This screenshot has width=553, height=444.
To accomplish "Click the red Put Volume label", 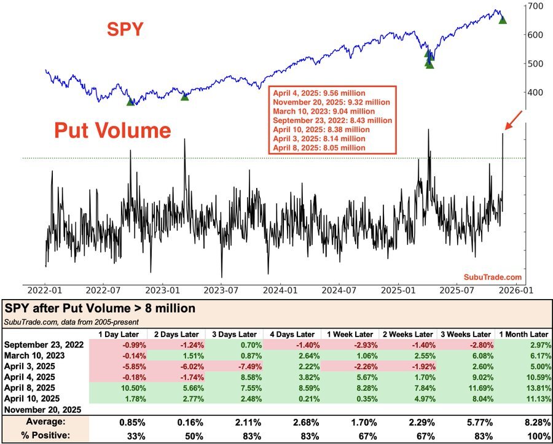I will coord(112,130).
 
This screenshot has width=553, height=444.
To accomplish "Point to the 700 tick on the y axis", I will coord(535,6).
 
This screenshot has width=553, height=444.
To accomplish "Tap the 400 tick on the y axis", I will coord(535,93).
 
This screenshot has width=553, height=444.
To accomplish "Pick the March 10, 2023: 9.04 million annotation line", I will coord(324,111).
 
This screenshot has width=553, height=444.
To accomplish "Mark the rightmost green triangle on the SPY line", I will coord(503,20).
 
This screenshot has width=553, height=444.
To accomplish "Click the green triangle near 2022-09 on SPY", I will coord(130,101).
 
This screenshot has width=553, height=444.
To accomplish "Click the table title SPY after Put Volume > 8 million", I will coord(100,308).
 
